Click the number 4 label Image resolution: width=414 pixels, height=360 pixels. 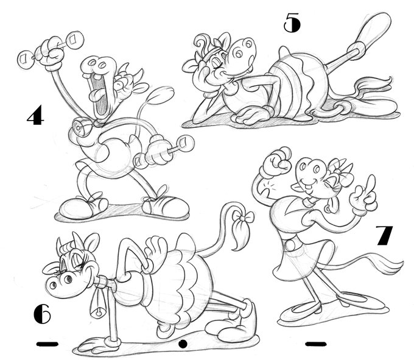point(36,115)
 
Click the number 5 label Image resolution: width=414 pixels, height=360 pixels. point(292,23)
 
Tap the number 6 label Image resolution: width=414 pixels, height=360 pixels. point(42,314)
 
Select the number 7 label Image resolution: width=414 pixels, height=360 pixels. point(384,235)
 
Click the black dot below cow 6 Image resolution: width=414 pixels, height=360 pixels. point(183,344)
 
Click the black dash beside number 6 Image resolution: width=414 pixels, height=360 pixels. point(47,344)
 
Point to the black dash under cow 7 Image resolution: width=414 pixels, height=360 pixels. point(316,344)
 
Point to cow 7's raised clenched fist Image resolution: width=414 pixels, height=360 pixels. point(275,161)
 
